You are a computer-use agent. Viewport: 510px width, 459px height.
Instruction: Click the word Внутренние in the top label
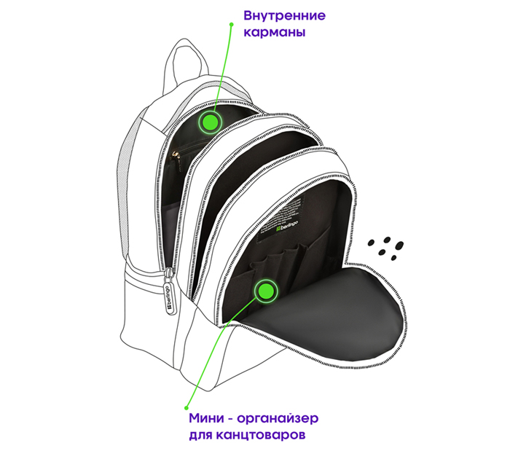(285, 15)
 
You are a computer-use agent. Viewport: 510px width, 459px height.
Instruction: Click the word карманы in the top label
(275, 33)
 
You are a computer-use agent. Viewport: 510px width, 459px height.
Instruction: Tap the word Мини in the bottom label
(206, 418)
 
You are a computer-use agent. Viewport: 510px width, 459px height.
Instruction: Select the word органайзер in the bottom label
(278, 419)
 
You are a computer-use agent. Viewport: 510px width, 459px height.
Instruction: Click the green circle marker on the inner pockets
(210, 122)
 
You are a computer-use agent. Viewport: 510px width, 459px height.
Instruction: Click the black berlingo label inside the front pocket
(281, 217)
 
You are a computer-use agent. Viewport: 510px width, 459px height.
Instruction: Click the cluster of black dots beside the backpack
(385, 248)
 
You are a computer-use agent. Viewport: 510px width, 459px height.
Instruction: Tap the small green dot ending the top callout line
(231, 24)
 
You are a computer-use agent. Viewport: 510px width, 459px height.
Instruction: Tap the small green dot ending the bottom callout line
(187, 407)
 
